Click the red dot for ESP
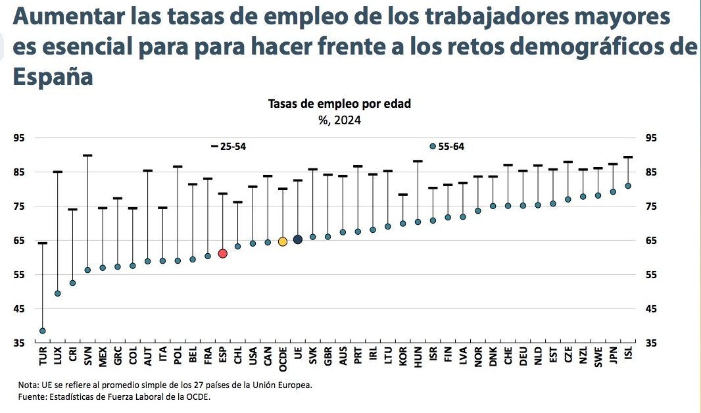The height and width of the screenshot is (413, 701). pyautogui.click(x=222, y=253)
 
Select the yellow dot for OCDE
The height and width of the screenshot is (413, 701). pyautogui.click(x=283, y=242)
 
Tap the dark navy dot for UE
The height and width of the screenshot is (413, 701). pyautogui.click(x=297, y=239)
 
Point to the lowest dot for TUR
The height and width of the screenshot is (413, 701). pyautogui.click(x=43, y=331)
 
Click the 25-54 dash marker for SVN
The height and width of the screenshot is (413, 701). pyautogui.click(x=87, y=156)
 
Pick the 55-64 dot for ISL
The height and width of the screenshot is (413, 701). pyautogui.click(x=628, y=186)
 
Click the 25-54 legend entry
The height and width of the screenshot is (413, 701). pyautogui.click(x=228, y=147)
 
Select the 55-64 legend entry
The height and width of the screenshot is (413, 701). pyautogui.click(x=447, y=147)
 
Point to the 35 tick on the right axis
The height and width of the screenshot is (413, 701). pyautogui.click(x=650, y=343)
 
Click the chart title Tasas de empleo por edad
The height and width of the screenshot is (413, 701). pyautogui.click(x=340, y=104)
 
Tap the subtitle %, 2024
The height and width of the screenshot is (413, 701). pyautogui.click(x=340, y=120)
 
